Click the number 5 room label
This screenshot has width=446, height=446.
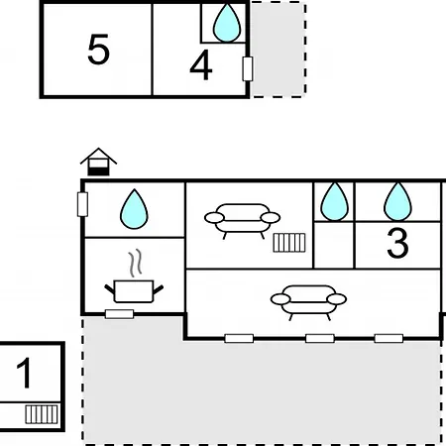click(98, 50)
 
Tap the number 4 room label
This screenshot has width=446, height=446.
click(201, 64)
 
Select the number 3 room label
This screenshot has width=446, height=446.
click(397, 243)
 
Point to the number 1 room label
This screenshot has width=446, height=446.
click(24, 373)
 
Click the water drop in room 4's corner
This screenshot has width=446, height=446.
click(227, 23)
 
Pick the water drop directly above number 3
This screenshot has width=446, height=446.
click(397, 201)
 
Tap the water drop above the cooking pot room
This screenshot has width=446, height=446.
click(134, 209)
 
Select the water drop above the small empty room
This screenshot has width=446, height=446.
click(334, 201)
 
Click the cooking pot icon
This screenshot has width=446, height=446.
click(134, 291)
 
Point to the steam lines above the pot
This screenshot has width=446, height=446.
click(136, 263)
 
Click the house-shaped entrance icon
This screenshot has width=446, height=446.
click(98, 162)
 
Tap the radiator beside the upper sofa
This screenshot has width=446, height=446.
click(289, 243)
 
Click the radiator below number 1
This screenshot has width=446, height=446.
click(42, 414)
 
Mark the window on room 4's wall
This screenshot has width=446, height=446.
click(248, 68)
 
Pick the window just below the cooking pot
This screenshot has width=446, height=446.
click(119, 314)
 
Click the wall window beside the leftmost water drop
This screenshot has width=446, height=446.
click(82, 204)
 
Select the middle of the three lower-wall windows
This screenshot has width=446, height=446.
click(320, 338)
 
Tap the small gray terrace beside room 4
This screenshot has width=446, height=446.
click(279, 50)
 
